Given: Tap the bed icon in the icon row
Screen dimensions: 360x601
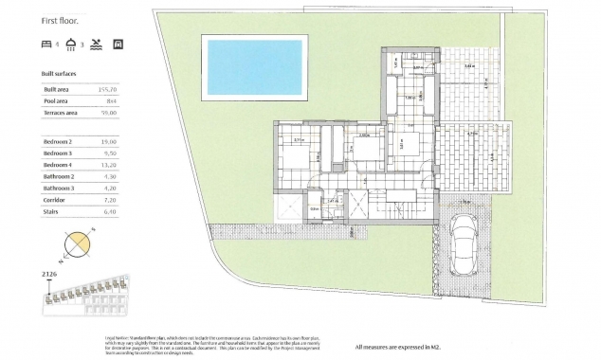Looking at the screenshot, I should click(48, 45).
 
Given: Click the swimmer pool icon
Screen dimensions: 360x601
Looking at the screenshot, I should click(99, 45).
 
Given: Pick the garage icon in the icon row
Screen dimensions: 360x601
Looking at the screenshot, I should click(118, 45).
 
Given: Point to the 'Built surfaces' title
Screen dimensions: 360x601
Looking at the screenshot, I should click(60, 72).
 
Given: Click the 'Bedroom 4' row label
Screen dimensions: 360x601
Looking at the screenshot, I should click(58, 164).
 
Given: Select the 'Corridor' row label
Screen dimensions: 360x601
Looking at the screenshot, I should click(54, 200).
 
